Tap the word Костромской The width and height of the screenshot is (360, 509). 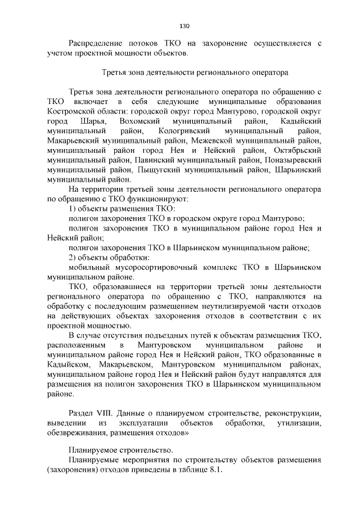point(72,111)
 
